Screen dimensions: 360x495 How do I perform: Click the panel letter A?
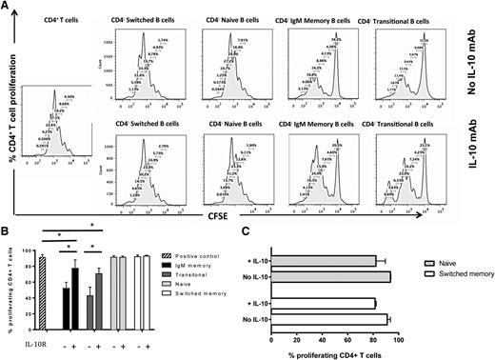pos(6,6)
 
